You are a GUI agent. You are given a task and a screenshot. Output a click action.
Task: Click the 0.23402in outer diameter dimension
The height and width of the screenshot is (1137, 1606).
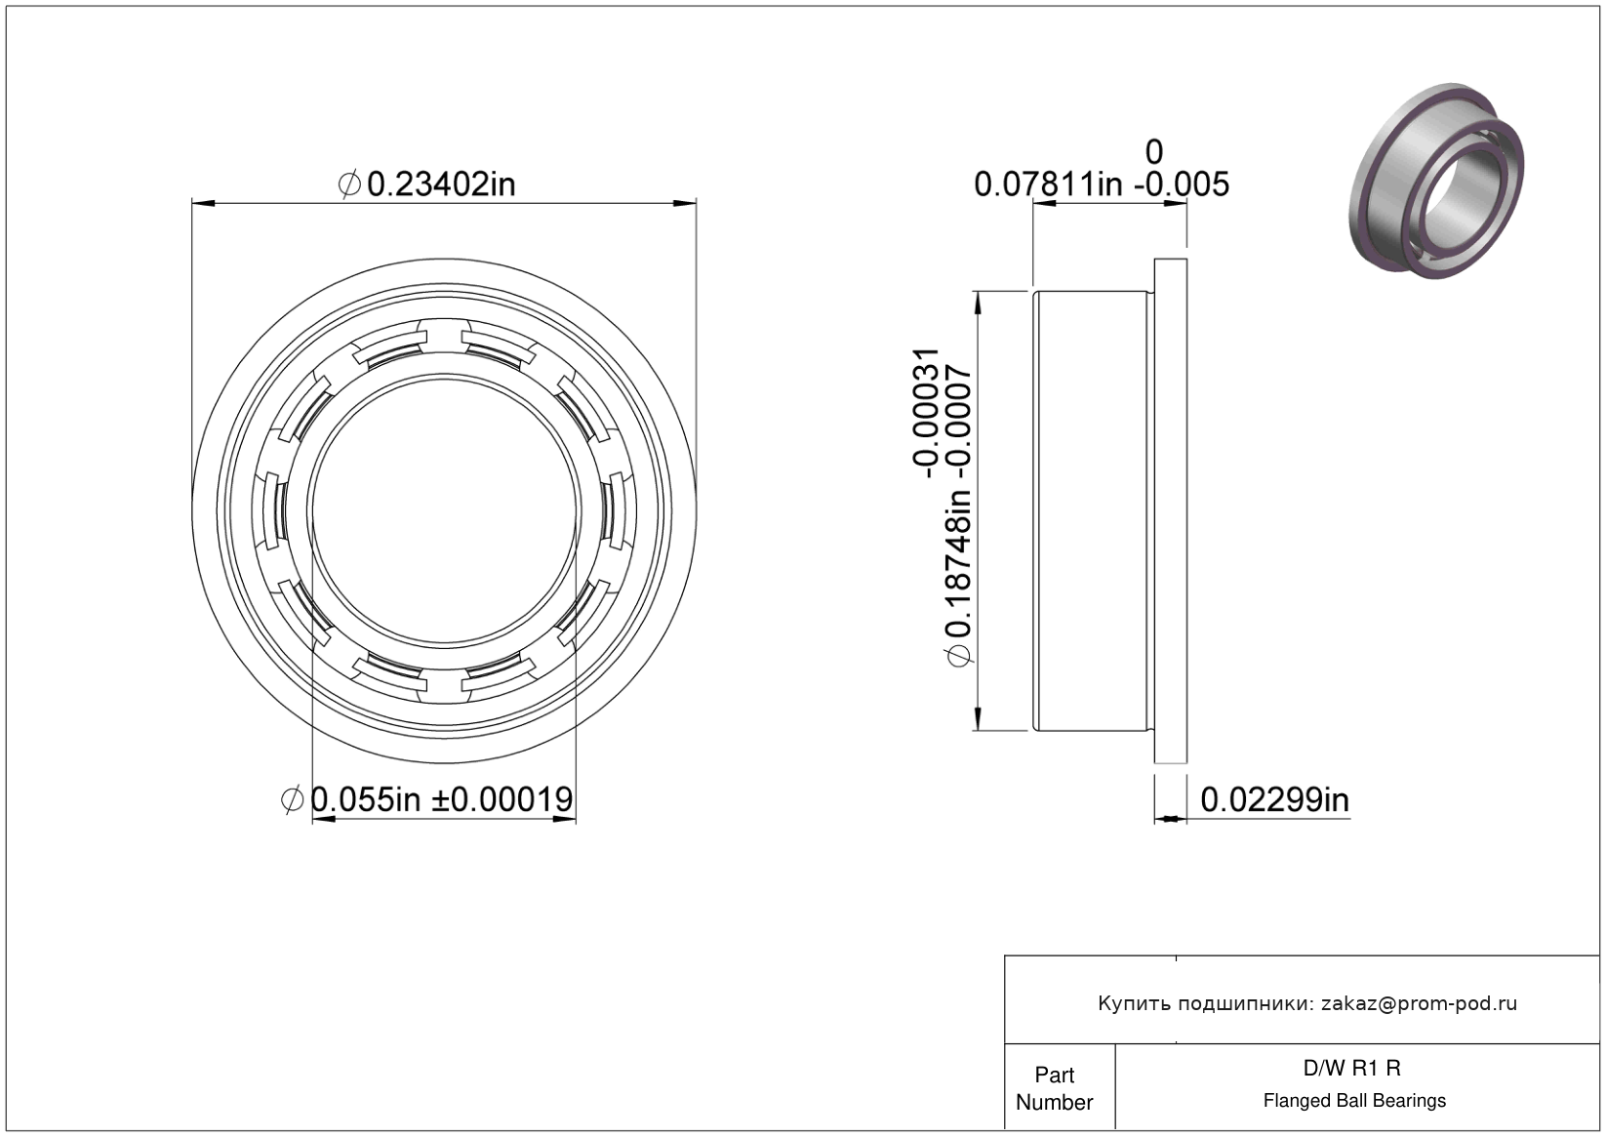tap(426, 184)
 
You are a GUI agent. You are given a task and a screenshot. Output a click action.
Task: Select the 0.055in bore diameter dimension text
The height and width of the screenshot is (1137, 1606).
tap(428, 799)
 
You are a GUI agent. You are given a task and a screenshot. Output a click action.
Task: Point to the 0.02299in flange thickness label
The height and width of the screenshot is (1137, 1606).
tap(1275, 800)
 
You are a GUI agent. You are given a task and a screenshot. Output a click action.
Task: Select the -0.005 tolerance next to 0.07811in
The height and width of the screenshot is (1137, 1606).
tap(1182, 184)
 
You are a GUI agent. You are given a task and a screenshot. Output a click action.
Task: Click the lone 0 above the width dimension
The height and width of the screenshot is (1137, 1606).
tap(1153, 152)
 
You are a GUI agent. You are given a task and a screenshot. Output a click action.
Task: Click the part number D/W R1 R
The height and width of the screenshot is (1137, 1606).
tap(1351, 1068)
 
